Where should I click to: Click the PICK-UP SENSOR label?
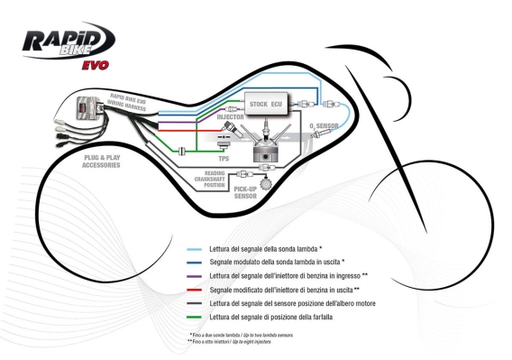click(x=232, y=192)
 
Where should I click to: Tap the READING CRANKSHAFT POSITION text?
click(x=214, y=178)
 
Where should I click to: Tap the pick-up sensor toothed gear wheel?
click(x=265, y=183)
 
